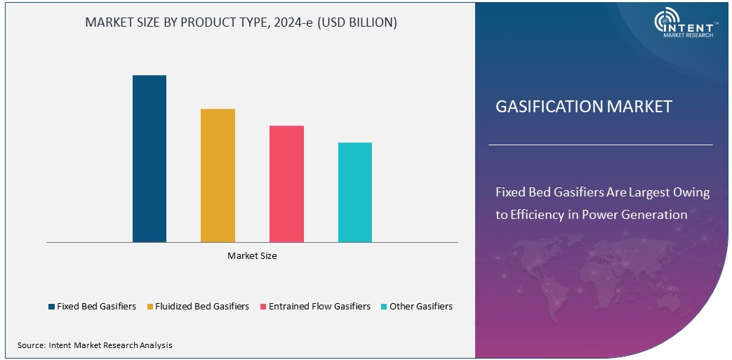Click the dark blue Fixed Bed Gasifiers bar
click(x=149, y=159)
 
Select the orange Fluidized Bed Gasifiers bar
click(x=218, y=175)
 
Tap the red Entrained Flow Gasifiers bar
click(x=286, y=184)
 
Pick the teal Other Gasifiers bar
click(x=355, y=192)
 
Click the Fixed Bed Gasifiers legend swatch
click(x=51, y=307)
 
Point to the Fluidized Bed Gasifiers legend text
click(x=202, y=307)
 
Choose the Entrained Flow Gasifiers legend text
click(x=319, y=307)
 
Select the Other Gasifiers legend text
click(x=421, y=307)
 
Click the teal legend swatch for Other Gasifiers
click(x=384, y=307)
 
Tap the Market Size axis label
click(x=252, y=256)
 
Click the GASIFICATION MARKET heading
click(x=584, y=107)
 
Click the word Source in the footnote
click(x=31, y=345)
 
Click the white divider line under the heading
click(x=600, y=145)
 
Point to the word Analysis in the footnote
click(x=156, y=345)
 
